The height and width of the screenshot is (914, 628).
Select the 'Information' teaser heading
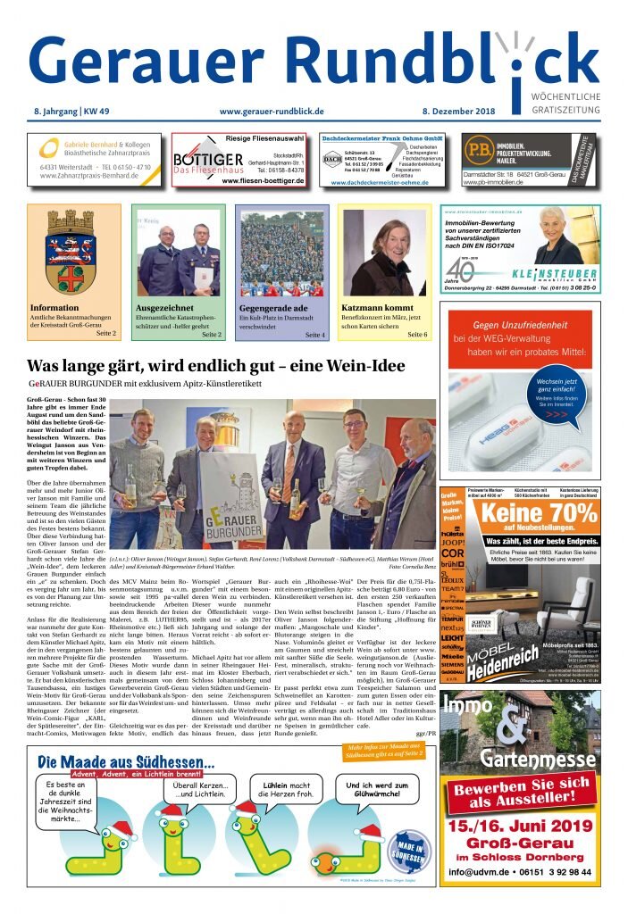click(x=54, y=308)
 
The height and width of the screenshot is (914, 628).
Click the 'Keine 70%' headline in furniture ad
click(x=539, y=516)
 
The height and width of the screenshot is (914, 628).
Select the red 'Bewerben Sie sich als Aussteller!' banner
click(x=520, y=793)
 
